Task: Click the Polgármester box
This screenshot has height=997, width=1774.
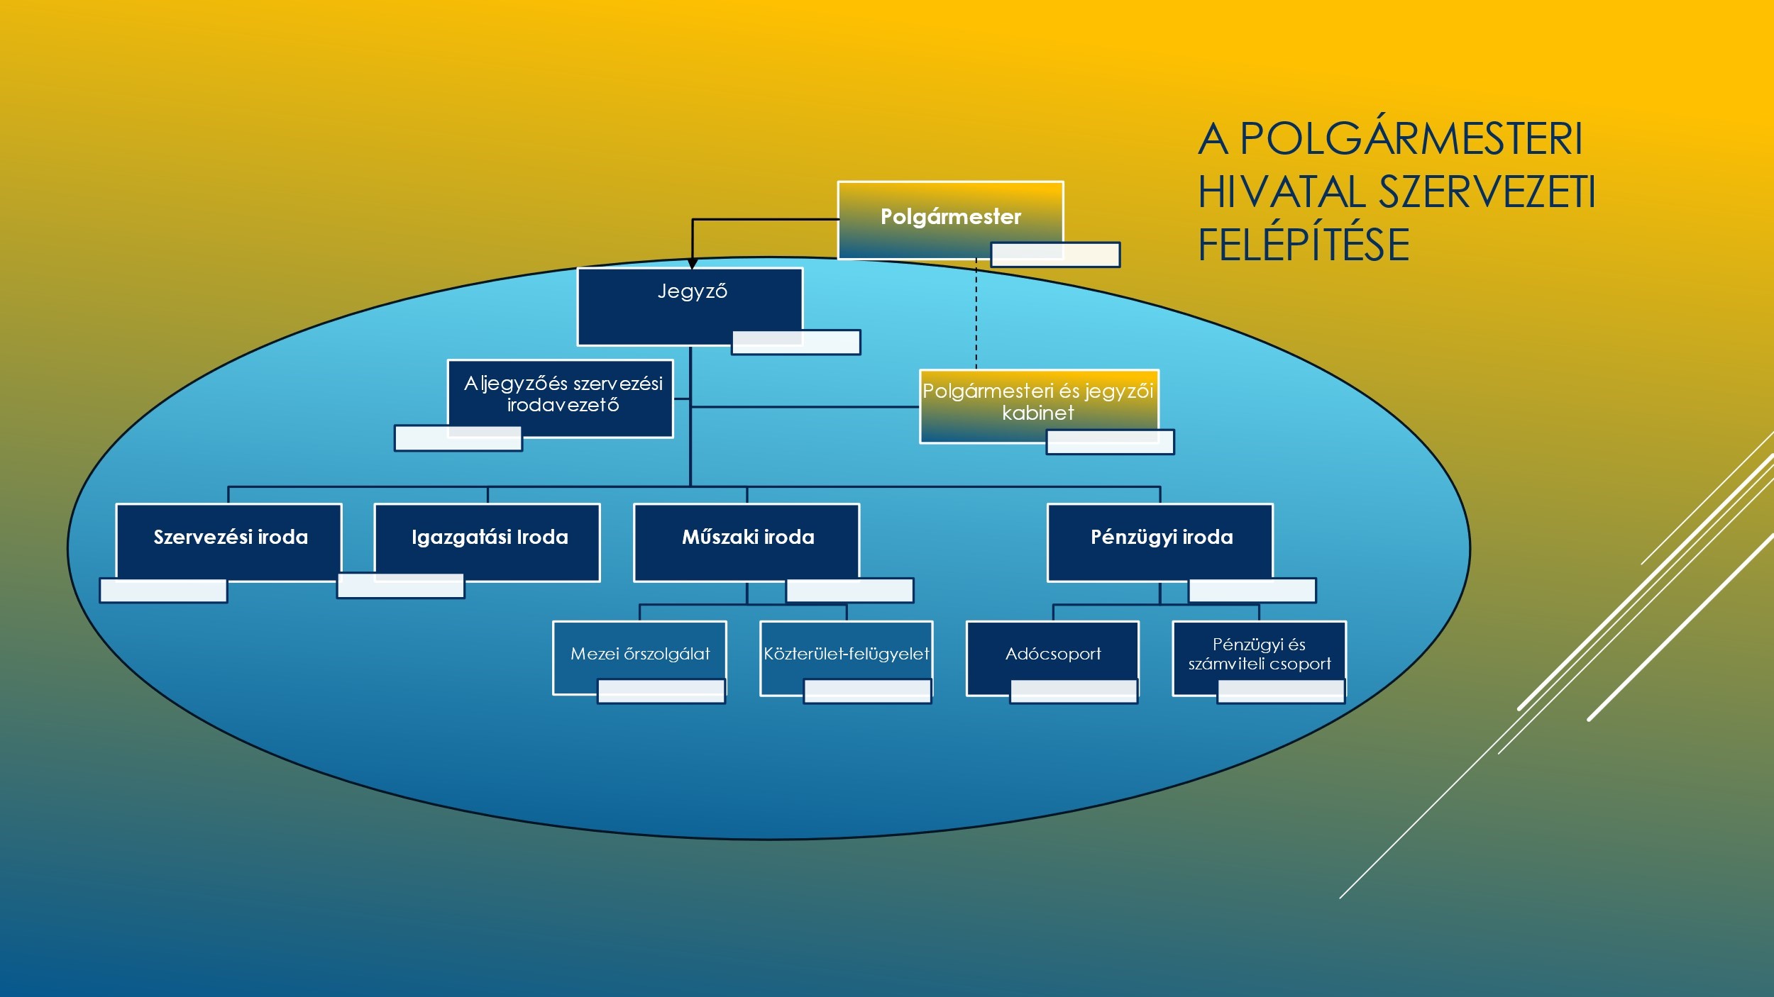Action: pyautogui.click(x=949, y=216)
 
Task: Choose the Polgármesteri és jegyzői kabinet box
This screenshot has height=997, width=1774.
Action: pyautogui.click(x=1037, y=401)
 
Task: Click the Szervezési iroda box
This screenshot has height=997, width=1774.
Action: pyautogui.click(x=229, y=538)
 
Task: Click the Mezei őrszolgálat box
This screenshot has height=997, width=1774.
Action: pyautogui.click(x=639, y=653)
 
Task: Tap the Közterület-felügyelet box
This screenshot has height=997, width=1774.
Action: pyautogui.click(x=846, y=653)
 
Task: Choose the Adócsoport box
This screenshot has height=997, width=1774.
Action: pyautogui.click(x=1052, y=653)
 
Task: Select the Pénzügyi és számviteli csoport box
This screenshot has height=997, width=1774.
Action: pyautogui.click(x=1259, y=653)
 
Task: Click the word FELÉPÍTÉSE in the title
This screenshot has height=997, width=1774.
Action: pyautogui.click(x=1304, y=245)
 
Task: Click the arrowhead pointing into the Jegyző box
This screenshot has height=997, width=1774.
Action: pyautogui.click(x=693, y=264)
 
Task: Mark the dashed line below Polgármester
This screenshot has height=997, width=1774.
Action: pyautogui.click(x=976, y=316)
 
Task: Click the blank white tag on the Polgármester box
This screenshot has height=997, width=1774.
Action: pyautogui.click(x=1055, y=255)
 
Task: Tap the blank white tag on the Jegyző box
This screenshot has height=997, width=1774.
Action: pyautogui.click(x=795, y=342)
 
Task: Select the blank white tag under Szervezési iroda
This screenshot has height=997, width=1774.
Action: pyautogui.click(x=163, y=591)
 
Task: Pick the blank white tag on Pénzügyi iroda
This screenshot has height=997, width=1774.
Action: pyautogui.click(x=1252, y=591)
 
